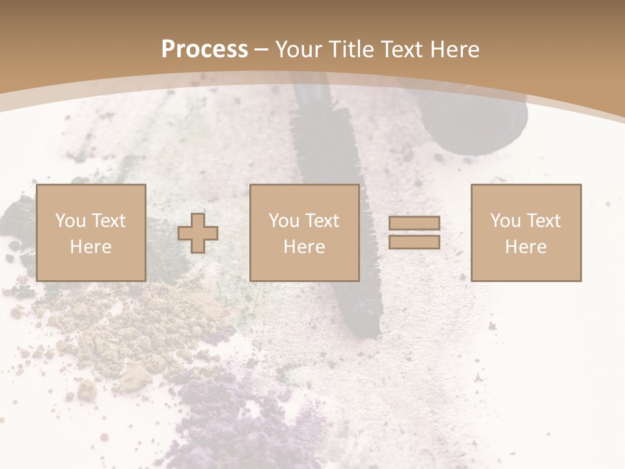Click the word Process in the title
pos(204,50)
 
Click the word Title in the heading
pos(349,50)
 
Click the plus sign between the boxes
pos(198,233)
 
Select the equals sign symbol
pos(414,233)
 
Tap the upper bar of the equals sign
pos(414,223)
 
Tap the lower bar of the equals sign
pos(414,242)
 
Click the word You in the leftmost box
pos(70,221)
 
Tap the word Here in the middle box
pos(304,247)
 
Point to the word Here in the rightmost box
pos(525,247)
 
